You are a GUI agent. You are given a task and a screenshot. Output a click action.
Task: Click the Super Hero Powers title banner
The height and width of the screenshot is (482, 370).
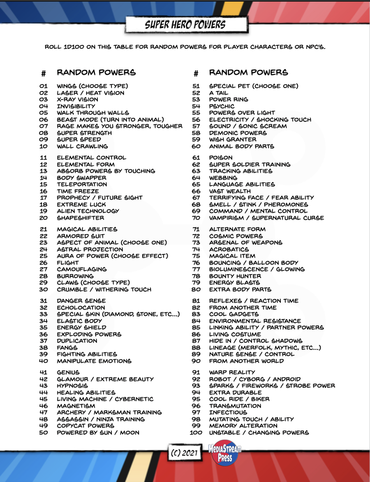[185, 25]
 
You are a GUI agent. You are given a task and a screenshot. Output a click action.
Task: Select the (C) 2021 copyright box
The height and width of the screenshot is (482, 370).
[185, 453]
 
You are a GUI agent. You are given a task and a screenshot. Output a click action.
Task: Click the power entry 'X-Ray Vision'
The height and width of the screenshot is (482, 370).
[77, 100]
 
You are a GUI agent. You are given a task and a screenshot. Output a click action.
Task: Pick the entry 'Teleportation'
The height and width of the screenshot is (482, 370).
[82, 184]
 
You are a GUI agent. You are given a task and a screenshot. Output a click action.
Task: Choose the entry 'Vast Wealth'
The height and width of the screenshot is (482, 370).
[230, 191]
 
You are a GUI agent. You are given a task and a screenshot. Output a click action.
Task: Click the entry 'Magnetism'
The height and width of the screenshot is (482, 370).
[76, 406]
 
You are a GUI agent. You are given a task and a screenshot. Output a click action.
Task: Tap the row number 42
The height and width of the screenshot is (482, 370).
[44, 379]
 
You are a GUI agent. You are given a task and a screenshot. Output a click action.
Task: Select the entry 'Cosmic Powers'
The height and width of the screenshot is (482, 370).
[236, 236]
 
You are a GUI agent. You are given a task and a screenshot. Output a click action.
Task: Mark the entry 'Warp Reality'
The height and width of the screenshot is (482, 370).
[232, 373]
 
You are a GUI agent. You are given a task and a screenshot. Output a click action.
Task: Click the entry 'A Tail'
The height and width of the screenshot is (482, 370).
[218, 93]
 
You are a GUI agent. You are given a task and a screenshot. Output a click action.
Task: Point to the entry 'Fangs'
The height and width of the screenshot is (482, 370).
[67, 347]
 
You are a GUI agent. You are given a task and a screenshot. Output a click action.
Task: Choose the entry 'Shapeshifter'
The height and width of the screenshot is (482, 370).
[81, 218]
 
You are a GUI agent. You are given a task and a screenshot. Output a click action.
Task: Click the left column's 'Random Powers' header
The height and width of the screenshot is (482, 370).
[96, 72]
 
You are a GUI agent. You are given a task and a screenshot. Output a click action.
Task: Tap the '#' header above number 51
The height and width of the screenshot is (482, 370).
[196, 74]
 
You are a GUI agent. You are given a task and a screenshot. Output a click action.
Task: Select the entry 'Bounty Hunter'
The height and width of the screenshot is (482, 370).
[235, 276]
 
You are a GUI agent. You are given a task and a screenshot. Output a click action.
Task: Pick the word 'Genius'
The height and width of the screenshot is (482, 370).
[68, 373]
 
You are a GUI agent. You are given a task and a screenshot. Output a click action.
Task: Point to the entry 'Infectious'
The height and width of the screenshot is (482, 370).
[228, 412]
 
